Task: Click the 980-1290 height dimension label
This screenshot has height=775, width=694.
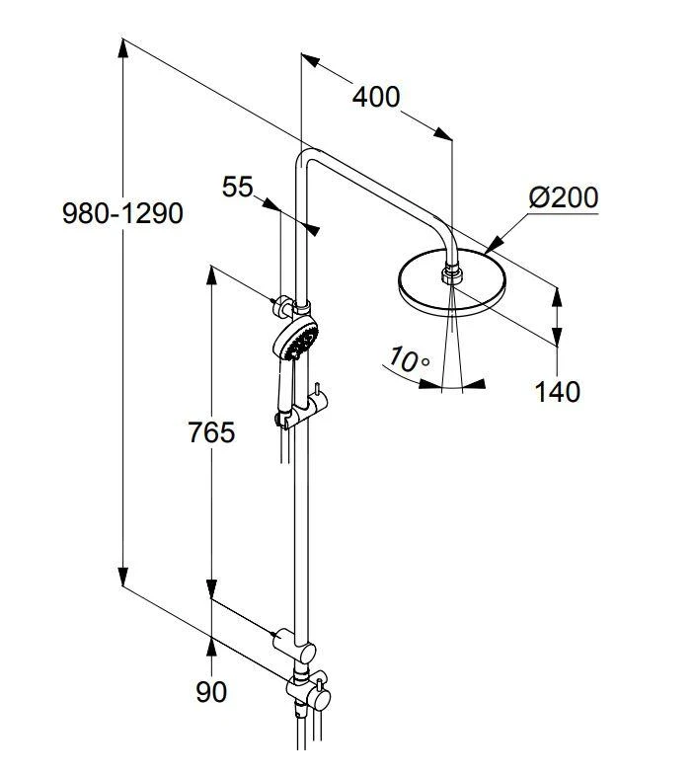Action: (x=122, y=212)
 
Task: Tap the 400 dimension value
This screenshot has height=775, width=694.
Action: (x=376, y=97)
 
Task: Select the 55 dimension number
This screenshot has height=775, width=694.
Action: (x=238, y=187)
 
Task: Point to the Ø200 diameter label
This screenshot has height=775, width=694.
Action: (x=563, y=196)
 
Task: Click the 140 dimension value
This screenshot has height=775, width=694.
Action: (x=558, y=392)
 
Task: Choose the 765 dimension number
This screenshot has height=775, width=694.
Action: (x=212, y=432)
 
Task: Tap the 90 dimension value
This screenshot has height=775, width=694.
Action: (x=211, y=692)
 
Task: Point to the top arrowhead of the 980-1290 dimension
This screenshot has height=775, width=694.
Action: (x=123, y=45)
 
